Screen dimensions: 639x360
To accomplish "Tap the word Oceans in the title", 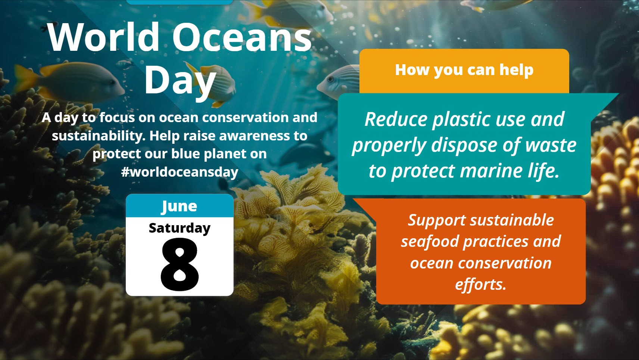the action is point(242,37).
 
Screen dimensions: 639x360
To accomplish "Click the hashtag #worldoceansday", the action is point(180,172).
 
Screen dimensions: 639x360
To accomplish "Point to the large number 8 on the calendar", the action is point(180,264).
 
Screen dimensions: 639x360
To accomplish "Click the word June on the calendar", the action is point(180,206).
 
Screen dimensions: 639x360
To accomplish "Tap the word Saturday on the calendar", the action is point(180,228).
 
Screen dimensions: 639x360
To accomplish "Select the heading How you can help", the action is point(464,70).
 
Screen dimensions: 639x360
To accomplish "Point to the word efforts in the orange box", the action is point(481,284).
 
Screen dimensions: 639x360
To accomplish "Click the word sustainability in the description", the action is point(99,136).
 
